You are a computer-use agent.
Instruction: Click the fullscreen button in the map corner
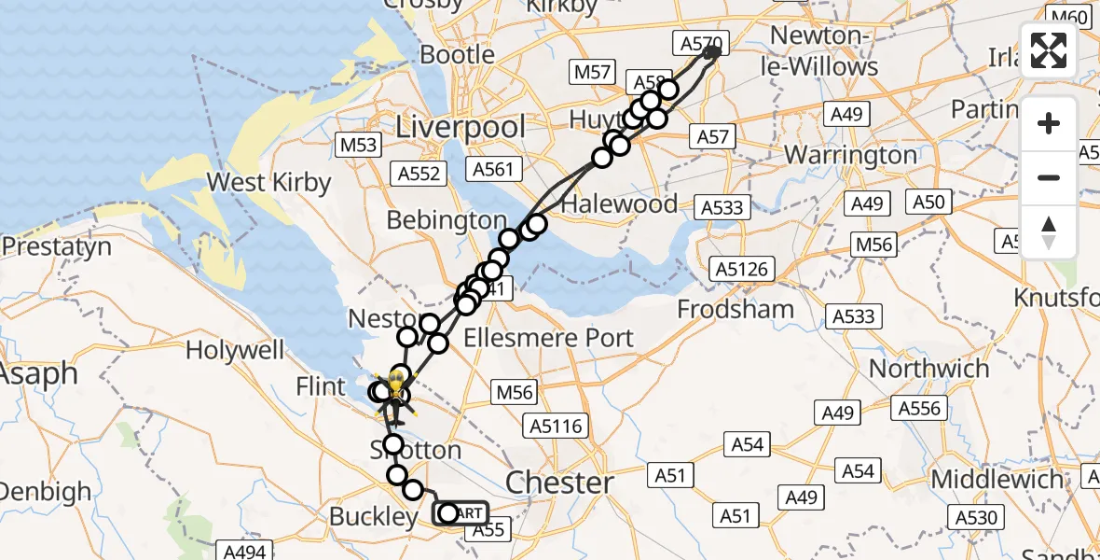tap(1049, 50)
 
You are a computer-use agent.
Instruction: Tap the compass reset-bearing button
tap(1049, 231)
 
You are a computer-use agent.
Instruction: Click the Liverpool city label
tap(461, 127)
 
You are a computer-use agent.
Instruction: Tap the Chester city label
tap(559, 483)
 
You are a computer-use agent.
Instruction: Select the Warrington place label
tap(851, 154)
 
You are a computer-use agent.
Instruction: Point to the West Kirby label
tap(268, 182)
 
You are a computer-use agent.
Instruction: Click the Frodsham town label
tap(736, 309)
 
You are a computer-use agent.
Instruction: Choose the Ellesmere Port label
tap(548, 338)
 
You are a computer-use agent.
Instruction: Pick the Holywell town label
tap(234, 351)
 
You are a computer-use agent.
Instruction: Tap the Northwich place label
tap(928, 369)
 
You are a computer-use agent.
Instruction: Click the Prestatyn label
tap(57, 247)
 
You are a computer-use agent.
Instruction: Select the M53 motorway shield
tap(359, 146)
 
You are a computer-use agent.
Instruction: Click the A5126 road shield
tap(742, 270)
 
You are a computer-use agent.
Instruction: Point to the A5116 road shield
tap(556, 427)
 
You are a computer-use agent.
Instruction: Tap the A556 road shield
tap(920, 408)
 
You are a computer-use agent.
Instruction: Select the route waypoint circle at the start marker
tap(448, 513)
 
